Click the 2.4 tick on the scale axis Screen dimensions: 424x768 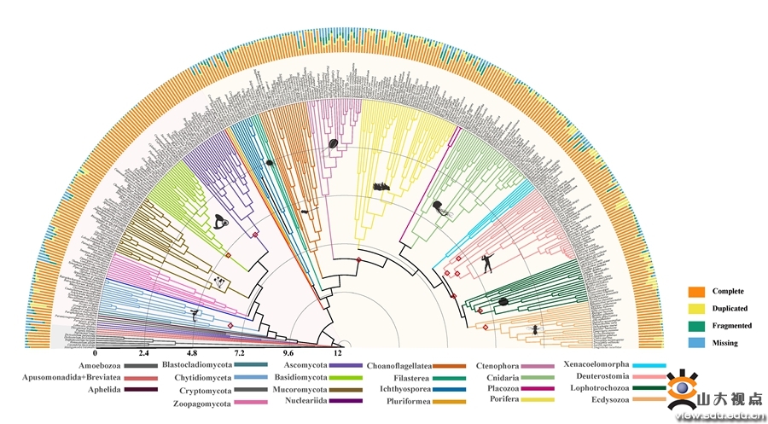[144, 352]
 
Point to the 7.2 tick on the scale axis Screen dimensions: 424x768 [241, 352]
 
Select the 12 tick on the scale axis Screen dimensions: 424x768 [338, 352]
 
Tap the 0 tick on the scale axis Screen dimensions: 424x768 [96, 352]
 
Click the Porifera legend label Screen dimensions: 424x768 [507, 398]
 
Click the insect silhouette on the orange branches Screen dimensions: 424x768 [536, 328]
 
